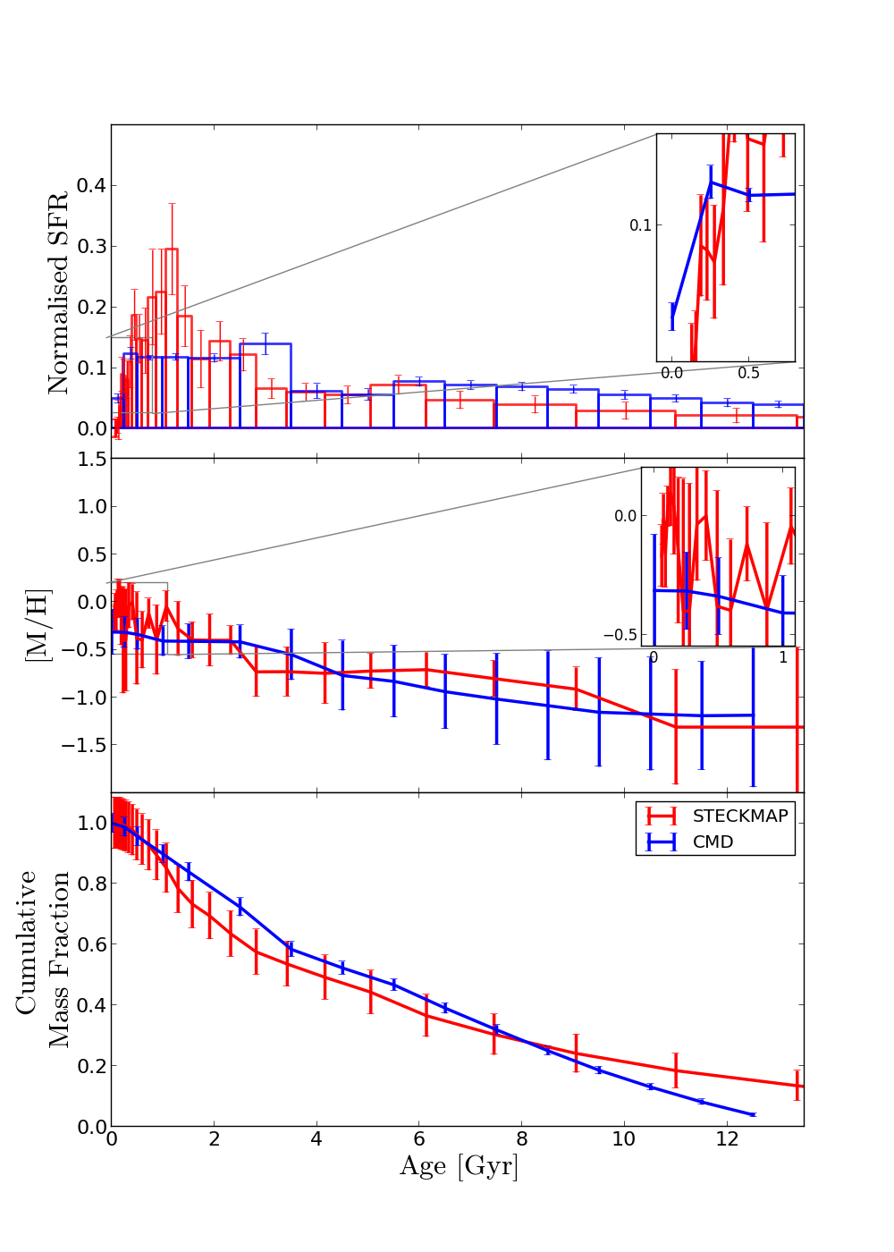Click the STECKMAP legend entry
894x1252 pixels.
(740, 816)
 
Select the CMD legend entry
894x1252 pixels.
(713, 842)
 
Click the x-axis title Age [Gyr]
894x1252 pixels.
(459, 1166)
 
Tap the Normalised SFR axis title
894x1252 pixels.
(59, 292)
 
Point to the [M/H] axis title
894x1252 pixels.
(38, 625)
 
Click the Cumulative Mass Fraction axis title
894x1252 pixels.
(43, 959)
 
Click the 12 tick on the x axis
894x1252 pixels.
(727, 1139)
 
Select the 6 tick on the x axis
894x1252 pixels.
(419, 1139)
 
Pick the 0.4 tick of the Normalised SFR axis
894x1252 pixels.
(90, 186)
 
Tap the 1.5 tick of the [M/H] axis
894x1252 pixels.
(90, 460)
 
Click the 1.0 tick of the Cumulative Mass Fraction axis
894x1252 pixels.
(90, 823)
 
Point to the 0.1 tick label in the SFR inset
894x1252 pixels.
(640, 225)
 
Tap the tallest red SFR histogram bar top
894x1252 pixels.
(171, 250)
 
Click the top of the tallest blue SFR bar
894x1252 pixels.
(265, 343)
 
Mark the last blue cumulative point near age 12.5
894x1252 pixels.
(753, 1114)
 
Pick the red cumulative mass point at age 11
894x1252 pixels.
(676, 1070)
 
